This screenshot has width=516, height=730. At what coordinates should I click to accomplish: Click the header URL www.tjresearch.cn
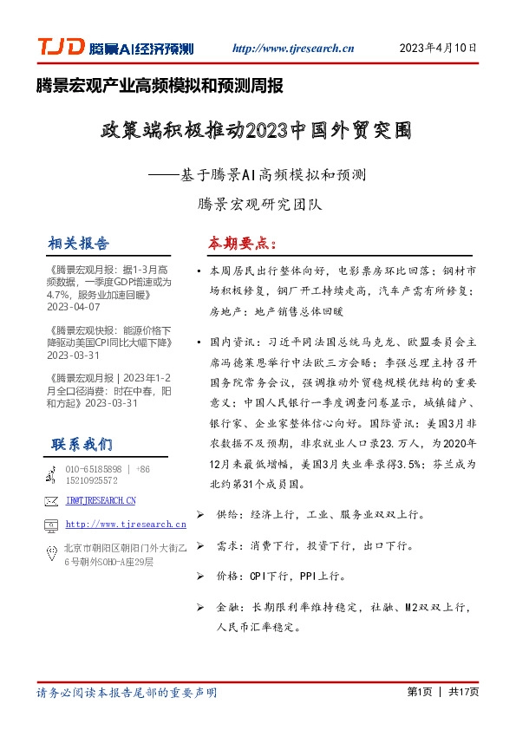coord(289,49)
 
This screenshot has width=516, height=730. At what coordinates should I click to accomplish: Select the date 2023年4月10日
coord(438,49)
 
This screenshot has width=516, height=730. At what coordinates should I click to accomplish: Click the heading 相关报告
coord(79,242)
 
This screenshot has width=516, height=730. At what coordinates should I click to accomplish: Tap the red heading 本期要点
coord(239,242)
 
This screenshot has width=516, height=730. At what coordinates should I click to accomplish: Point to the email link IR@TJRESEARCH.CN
coord(101,500)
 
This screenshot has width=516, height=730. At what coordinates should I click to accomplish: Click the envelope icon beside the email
coord(51,500)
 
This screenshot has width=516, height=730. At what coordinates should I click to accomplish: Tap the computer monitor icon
coord(51,525)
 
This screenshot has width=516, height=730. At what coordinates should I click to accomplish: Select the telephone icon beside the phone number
coord(51,474)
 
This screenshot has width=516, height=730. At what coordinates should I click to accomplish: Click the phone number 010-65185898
coord(95,468)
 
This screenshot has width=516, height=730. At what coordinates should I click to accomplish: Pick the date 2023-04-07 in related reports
coord(74,307)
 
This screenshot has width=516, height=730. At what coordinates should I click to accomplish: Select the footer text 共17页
coord(464,692)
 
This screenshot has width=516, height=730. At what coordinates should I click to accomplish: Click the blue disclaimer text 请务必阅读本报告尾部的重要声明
coord(127,693)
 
